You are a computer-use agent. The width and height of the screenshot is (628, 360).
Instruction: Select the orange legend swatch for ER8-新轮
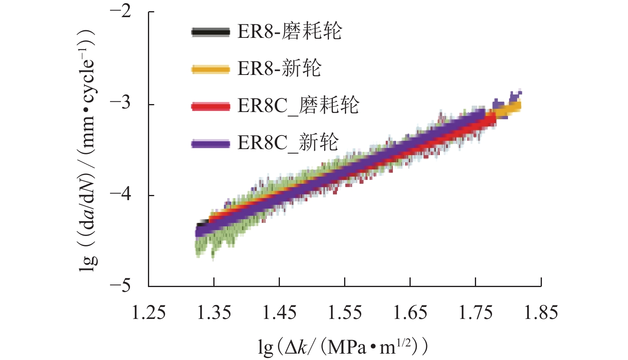click(211, 69)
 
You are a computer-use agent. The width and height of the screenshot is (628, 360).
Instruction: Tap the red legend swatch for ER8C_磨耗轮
click(211, 106)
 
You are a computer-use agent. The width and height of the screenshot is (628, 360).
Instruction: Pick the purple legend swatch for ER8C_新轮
click(211, 144)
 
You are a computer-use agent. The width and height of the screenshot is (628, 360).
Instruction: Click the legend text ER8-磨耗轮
click(289, 31)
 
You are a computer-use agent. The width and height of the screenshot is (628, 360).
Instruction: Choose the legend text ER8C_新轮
click(288, 142)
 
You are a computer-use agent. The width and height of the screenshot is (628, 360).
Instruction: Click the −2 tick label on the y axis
click(120, 11)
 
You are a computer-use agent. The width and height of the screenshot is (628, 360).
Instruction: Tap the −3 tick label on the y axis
click(120, 103)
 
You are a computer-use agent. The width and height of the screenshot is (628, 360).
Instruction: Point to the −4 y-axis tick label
click(120, 195)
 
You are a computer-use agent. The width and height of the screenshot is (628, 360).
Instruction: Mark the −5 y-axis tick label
click(120, 285)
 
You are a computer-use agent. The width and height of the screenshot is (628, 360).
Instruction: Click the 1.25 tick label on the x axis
click(148, 313)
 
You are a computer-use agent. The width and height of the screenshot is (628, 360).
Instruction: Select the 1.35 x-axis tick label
click(214, 313)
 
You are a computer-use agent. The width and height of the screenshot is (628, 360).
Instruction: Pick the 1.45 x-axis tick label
click(279, 313)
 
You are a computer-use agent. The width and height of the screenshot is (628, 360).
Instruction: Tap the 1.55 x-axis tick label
click(345, 313)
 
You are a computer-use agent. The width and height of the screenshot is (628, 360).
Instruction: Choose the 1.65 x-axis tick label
click(410, 313)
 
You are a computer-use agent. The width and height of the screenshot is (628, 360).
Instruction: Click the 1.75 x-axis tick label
click(475, 313)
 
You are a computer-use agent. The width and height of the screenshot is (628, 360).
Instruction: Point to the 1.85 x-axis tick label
click(541, 313)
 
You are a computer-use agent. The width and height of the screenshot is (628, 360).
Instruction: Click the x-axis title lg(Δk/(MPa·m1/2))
click(343, 346)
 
